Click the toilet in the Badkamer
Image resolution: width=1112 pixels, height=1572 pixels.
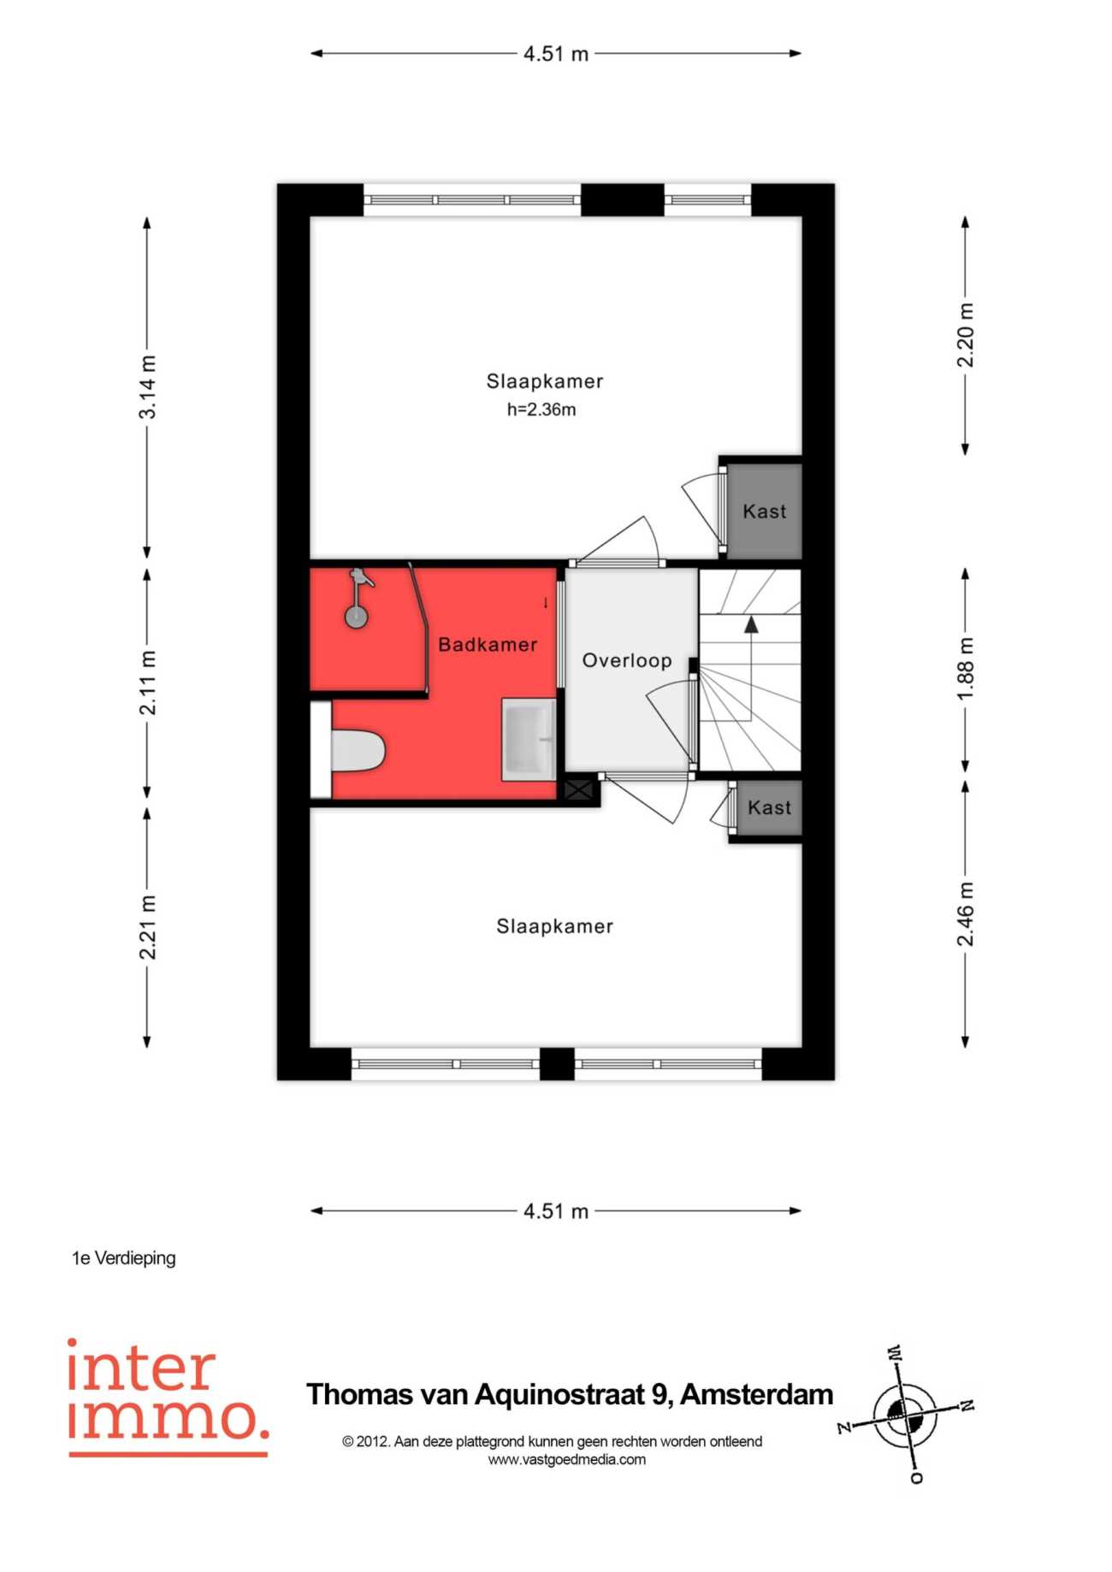pos(358,752)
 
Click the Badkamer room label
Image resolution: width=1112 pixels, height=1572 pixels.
pos(488,645)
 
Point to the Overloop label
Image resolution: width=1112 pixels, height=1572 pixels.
pos(627,660)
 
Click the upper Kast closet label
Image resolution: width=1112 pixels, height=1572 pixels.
pos(764,511)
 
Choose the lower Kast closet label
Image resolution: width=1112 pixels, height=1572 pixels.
pos(769,807)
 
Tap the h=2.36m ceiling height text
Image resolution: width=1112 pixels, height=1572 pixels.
pos(541,410)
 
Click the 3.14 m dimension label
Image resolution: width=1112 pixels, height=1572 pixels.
pos(148,387)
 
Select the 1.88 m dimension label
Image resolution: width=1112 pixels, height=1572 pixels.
pos(966,669)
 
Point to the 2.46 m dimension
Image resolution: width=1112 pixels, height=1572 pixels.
pos(966,914)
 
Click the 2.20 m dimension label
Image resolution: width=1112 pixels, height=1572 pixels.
pos(966,334)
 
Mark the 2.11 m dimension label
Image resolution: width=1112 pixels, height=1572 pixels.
pos(148,683)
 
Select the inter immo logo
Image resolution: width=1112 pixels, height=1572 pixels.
pos(168,1397)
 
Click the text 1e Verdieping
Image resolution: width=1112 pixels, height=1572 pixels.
pos(124,1258)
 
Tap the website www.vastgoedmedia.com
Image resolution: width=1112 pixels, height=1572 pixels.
pos(567,1460)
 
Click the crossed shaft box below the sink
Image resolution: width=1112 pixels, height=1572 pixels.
pos(579,789)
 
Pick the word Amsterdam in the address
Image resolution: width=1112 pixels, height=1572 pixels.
pos(756,1395)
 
